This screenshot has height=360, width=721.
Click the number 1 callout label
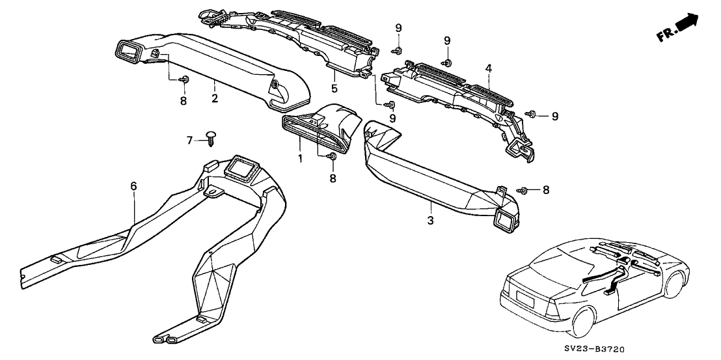pyautogui.click(x=300, y=158)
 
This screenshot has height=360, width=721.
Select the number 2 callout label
pyautogui.click(x=215, y=99)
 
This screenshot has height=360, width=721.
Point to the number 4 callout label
pyautogui.click(x=488, y=68)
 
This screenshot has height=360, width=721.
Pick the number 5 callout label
pyautogui.click(x=334, y=88)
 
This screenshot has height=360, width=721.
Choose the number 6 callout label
pyautogui.click(x=133, y=186)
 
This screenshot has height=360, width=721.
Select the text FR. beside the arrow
pyautogui.click(x=666, y=35)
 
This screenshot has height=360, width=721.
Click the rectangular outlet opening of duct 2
pyautogui.click(x=129, y=53)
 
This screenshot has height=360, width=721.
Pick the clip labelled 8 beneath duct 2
pyautogui.click(x=184, y=79)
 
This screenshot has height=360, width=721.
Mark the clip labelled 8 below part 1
pyautogui.click(x=331, y=156)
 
